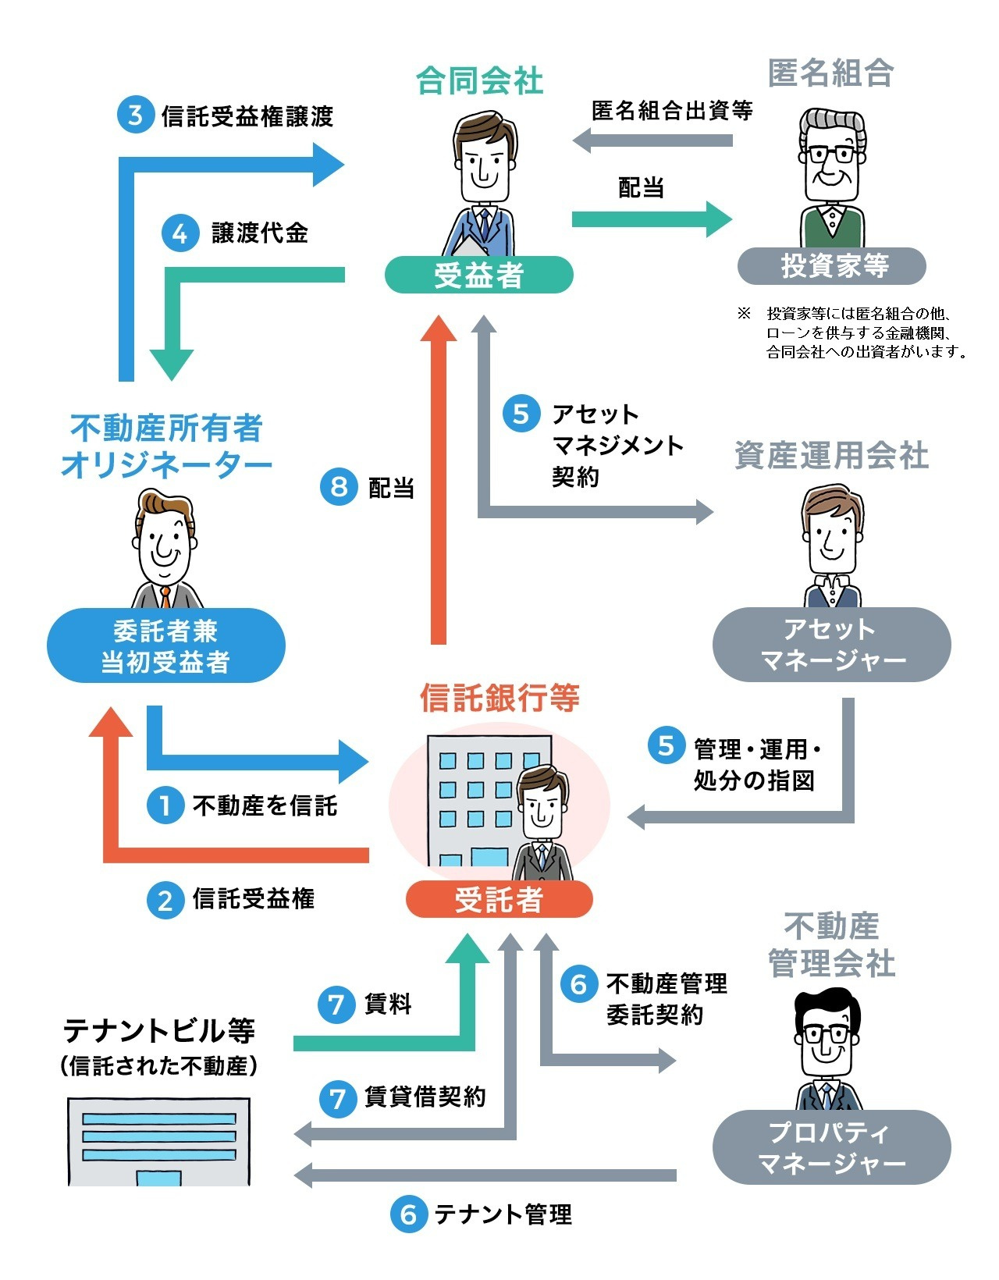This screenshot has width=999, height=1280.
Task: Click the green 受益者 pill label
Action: tap(478, 275)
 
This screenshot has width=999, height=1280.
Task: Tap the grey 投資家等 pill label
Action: tap(831, 265)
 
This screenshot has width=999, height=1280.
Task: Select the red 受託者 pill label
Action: tap(499, 899)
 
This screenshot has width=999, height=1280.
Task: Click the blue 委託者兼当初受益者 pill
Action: tap(165, 645)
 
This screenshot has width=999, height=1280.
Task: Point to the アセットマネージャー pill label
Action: tap(831, 645)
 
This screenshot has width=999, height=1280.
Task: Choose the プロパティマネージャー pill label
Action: tap(831, 1147)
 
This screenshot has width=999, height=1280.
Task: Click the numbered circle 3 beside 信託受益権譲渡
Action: tap(136, 114)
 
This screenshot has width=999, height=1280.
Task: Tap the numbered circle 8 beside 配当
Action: tap(339, 486)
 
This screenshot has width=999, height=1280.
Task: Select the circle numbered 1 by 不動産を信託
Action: tap(165, 805)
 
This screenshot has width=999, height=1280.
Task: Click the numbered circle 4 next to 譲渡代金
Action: tap(180, 233)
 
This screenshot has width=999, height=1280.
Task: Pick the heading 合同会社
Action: tap(479, 80)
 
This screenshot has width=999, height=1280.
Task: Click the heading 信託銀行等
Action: tap(499, 698)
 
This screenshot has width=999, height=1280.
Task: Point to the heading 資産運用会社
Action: tap(831, 455)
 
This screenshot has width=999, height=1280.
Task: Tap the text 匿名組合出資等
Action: tap(672, 110)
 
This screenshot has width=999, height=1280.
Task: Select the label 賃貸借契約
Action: tap(425, 1097)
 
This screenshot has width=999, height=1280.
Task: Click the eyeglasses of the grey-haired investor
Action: tap(832, 155)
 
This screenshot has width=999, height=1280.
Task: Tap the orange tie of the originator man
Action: tap(166, 597)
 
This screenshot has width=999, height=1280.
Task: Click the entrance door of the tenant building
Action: tap(158, 1178)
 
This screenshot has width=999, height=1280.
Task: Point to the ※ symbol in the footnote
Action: tap(744, 313)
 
